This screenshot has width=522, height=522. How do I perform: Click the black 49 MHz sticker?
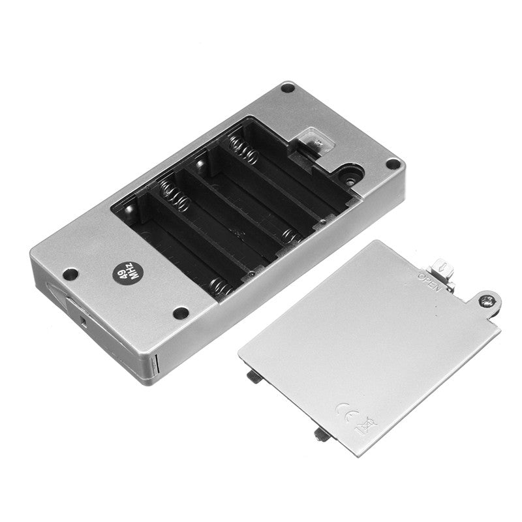pyautogui.click(x=127, y=275)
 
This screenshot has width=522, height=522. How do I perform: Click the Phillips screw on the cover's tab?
pyautogui.click(x=485, y=301)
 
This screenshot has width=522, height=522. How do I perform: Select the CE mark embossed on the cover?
pyautogui.click(x=348, y=413)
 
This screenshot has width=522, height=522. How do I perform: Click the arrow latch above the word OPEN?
pyautogui.click(x=443, y=268)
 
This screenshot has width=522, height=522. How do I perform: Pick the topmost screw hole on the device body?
pyautogui.click(x=288, y=88)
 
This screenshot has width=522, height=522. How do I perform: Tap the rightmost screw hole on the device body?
pyautogui.click(x=393, y=164)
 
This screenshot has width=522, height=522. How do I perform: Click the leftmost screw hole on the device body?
pyautogui.click(x=70, y=274)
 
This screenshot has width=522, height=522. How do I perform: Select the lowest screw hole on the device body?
pyautogui.click(x=181, y=313)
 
